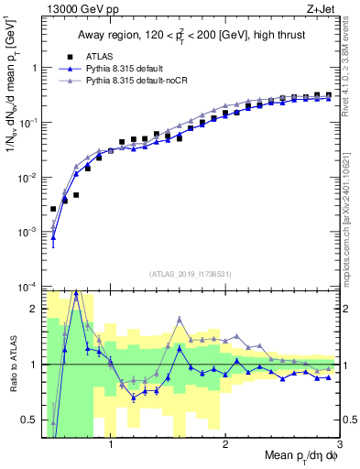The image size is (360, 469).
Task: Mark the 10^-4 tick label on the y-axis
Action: tap(27, 287)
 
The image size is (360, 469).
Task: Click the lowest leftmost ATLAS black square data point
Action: tap(53, 209)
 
